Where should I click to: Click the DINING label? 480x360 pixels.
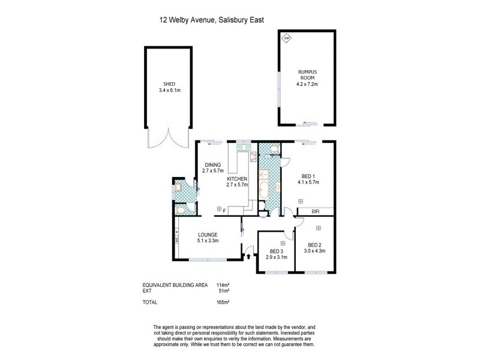(x=213, y=165)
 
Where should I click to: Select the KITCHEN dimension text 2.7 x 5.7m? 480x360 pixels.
(x=237, y=185)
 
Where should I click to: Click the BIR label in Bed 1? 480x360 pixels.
(x=315, y=212)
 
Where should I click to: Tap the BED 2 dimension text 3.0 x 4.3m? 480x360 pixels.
(x=316, y=251)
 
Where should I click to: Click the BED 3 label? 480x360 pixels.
(x=276, y=251)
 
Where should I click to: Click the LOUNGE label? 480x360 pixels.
(x=208, y=235)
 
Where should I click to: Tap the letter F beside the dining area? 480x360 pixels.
(x=224, y=210)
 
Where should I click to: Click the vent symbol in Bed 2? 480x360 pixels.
(x=318, y=227)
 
